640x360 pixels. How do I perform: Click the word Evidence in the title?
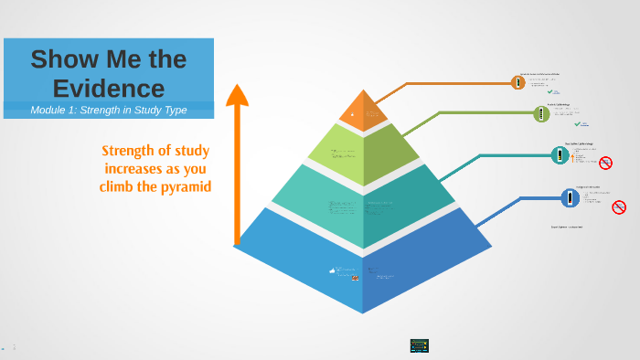click(109, 88)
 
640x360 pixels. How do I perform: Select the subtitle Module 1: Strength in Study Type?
click(109, 110)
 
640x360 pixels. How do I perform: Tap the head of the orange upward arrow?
click(238, 94)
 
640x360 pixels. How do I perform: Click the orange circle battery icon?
click(518, 82)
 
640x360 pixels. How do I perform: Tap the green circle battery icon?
click(541, 113)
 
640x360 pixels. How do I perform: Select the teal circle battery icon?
click(559, 155)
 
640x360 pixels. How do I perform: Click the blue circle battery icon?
click(570, 196)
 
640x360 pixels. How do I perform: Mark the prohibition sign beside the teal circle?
click(605, 163)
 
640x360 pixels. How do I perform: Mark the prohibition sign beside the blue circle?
click(619, 207)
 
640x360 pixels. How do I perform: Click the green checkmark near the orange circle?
click(551, 91)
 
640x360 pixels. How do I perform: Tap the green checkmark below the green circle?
click(577, 123)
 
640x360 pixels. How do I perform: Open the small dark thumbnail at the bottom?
click(420, 345)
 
